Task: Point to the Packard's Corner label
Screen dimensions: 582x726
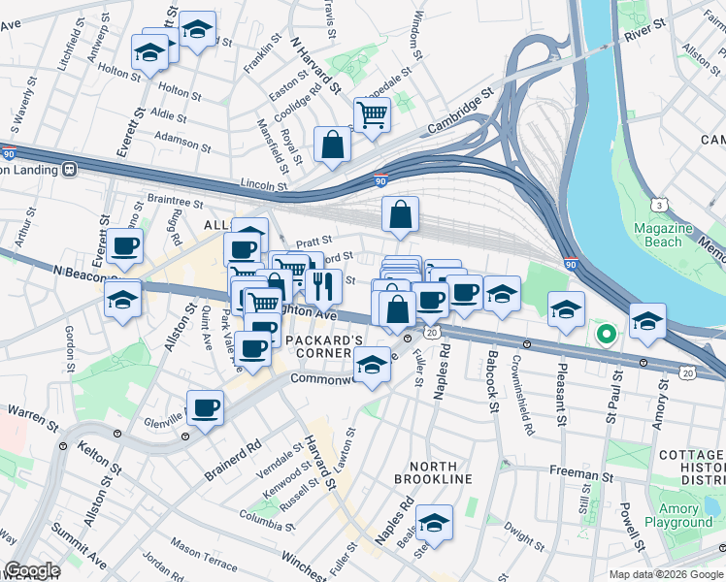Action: [x=324, y=347]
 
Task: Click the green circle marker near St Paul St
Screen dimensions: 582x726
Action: [x=607, y=336]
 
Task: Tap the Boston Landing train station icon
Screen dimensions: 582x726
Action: [x=70, y=169]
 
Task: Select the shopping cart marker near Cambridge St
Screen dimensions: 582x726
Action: [x=372, y=115]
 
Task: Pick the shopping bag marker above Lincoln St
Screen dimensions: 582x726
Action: [x=332, y=145]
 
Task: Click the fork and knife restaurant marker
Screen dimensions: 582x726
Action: [x=322, y=285]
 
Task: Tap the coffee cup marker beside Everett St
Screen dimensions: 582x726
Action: [x=123, y=246]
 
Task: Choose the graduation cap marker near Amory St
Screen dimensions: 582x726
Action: [x=647, y=322]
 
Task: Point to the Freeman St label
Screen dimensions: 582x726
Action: [x=579, y=474]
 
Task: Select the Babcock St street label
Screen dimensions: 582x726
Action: [x=492, y=384]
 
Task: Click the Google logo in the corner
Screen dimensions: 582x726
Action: [x=32, y=570]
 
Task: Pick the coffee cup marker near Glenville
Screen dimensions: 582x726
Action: [x=205, y=408]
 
